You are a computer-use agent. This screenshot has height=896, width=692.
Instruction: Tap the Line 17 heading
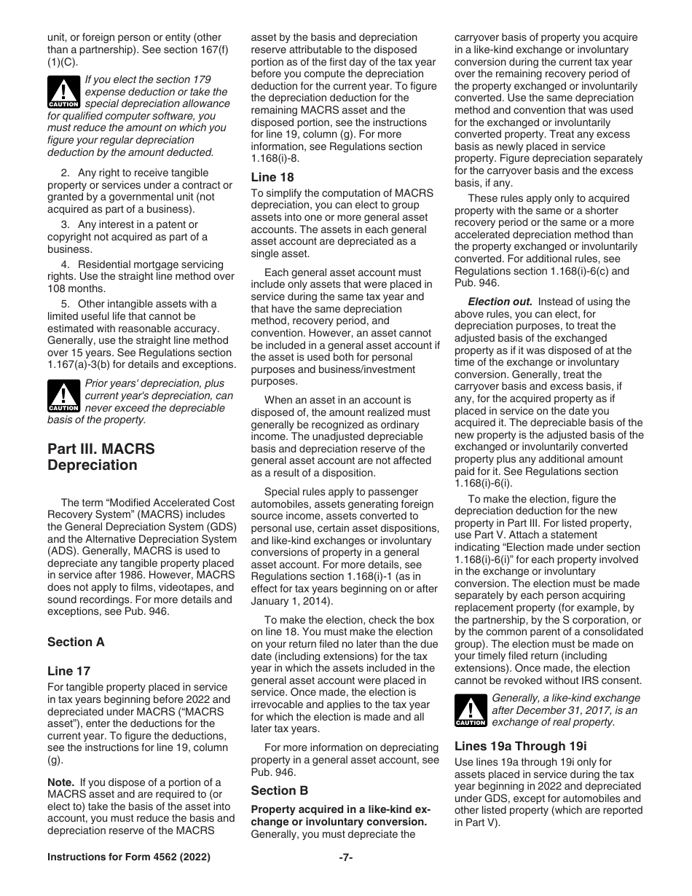coord(68,671)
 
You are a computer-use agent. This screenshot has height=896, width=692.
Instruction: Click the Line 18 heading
coord(272,177)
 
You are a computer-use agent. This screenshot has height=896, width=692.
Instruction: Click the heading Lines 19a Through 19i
coord(520,746)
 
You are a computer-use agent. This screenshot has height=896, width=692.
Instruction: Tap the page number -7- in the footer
coord(346,857)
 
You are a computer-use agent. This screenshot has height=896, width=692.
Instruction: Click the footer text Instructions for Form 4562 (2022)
coord(129,857)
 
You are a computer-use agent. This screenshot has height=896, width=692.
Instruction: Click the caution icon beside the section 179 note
coord(63,92)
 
